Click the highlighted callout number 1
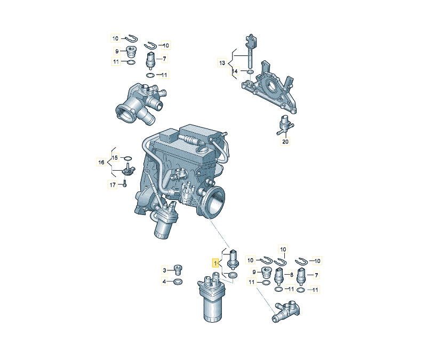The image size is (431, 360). click(215, 263)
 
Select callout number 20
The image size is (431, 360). click(285, 141)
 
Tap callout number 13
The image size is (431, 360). click(222, 63)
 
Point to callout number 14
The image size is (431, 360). click(235, 71)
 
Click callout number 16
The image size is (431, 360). click(101, 163)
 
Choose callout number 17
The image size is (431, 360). click(113, 185)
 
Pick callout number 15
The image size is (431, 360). click(115, 157)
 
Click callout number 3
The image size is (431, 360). click(164, 270)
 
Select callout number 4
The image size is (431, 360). click(164, 282)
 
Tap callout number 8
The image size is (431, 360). click(291, 274)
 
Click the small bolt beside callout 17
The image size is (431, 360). click(124, 184)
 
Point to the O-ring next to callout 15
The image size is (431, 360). click(128, 158)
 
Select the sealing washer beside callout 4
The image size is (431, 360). click(178, 282)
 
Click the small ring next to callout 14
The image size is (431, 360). click(250, 71)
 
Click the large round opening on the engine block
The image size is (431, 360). click(214, 201)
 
